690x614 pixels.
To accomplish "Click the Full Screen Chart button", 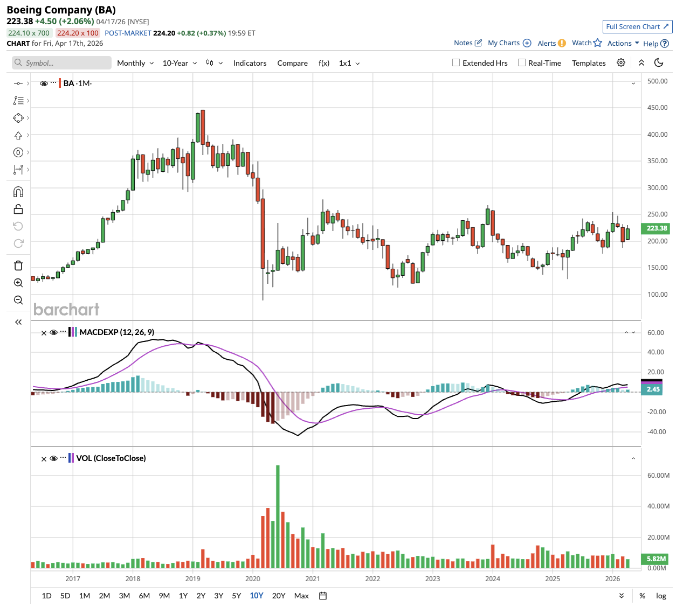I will pos(637,26).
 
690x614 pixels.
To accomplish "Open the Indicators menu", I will pos(250,63).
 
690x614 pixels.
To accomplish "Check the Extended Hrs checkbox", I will pos(456,62).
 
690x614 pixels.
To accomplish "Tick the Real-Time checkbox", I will pos(522,62).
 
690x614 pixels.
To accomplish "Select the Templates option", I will pos(589,63).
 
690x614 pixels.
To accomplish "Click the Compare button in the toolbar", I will pos(292,63).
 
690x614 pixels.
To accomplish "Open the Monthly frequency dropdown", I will pos(135,63).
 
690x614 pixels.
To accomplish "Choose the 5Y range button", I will pos(236,596).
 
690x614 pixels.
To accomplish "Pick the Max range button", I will pos(301,596).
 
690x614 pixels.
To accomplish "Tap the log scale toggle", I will pos(661,596).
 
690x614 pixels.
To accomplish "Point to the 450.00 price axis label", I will pos(657,108).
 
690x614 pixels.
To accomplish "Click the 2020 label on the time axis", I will pos(253,579).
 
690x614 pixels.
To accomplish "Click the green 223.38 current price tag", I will pos(657,228).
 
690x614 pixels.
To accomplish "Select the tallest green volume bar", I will pos(278,517).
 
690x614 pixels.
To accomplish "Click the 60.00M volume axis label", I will pos(658,476).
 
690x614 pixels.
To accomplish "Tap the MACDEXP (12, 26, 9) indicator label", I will pos(116,332).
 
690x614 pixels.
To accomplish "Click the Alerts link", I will pos(547,43).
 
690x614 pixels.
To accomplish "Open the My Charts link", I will pos(503,43).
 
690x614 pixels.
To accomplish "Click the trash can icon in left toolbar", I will pos(18,266).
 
